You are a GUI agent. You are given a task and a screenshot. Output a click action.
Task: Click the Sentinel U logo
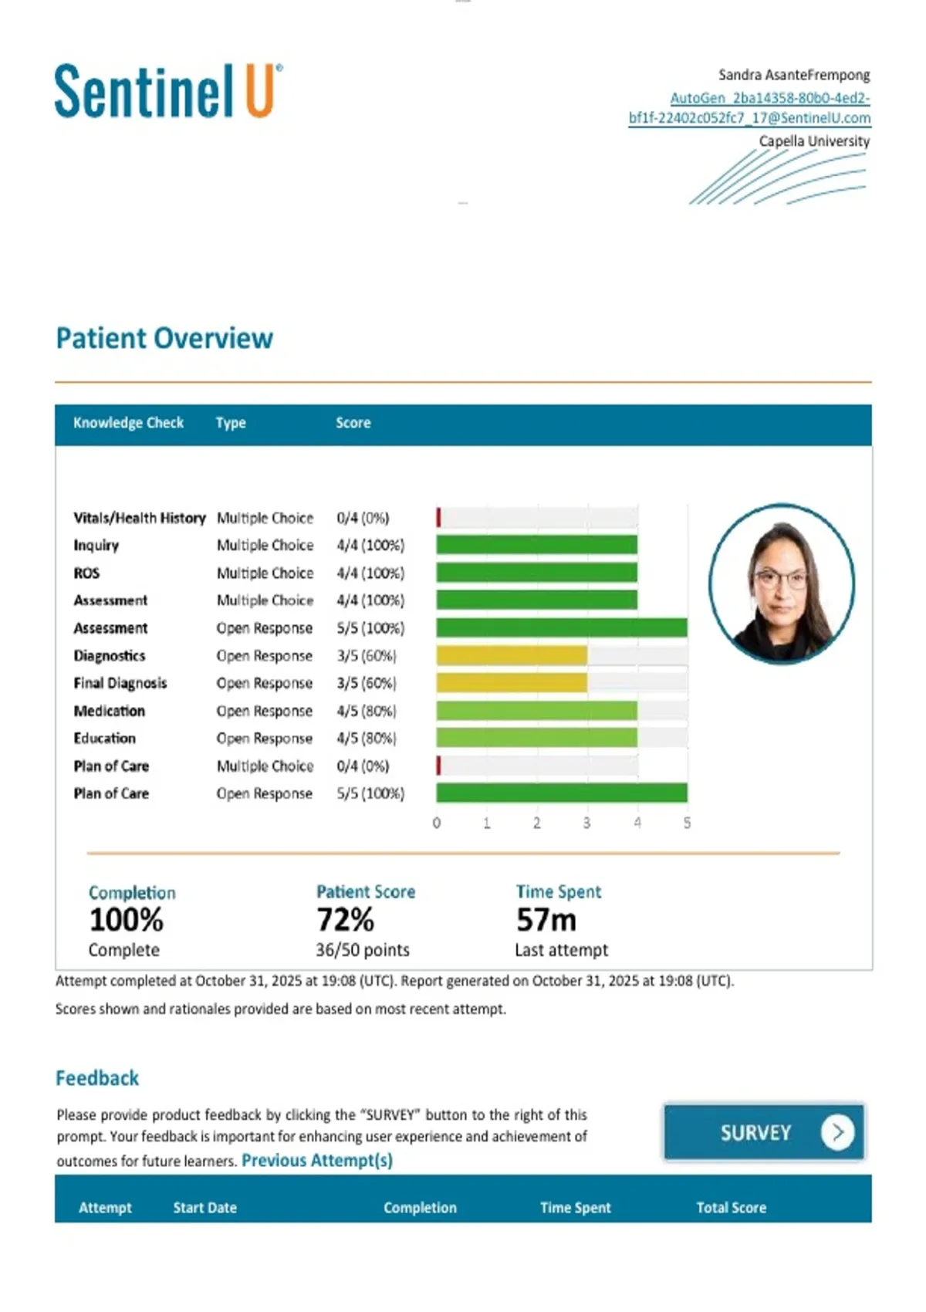(169, 91)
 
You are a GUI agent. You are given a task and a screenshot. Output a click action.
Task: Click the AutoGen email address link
(750, 108)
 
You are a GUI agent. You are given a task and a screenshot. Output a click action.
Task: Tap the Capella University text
(814, 141)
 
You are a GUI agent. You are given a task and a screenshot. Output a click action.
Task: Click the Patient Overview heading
(164, 338)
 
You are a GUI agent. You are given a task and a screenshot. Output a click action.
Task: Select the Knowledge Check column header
(128, 423)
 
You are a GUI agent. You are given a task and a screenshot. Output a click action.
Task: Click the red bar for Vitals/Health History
(439, 518)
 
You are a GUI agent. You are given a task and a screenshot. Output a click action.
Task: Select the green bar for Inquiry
(536, 545)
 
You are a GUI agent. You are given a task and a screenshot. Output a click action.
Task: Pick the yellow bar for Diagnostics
(512, 655)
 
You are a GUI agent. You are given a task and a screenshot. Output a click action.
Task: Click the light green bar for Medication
(536, 711)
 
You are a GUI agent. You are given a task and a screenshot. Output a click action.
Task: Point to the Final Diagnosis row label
(120, 683)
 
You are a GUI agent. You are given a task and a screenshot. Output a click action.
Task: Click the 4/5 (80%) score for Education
(367, 738)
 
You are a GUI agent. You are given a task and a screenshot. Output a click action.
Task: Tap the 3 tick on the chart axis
(586, 823)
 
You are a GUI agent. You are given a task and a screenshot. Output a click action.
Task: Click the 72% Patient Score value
(346, 920)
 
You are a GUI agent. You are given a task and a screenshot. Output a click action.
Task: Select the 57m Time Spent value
(546, 920)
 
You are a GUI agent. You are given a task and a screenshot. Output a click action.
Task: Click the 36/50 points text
(363, 950)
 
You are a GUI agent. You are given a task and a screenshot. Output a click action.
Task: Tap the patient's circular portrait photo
(782, 584)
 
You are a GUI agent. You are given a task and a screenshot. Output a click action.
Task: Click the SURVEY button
(765, 1132)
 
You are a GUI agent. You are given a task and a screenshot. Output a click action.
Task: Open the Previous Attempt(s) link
(317, 1160)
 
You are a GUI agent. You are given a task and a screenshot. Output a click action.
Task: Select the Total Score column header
(731, 1208)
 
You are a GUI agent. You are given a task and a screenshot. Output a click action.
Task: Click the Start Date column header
(205, 1208)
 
